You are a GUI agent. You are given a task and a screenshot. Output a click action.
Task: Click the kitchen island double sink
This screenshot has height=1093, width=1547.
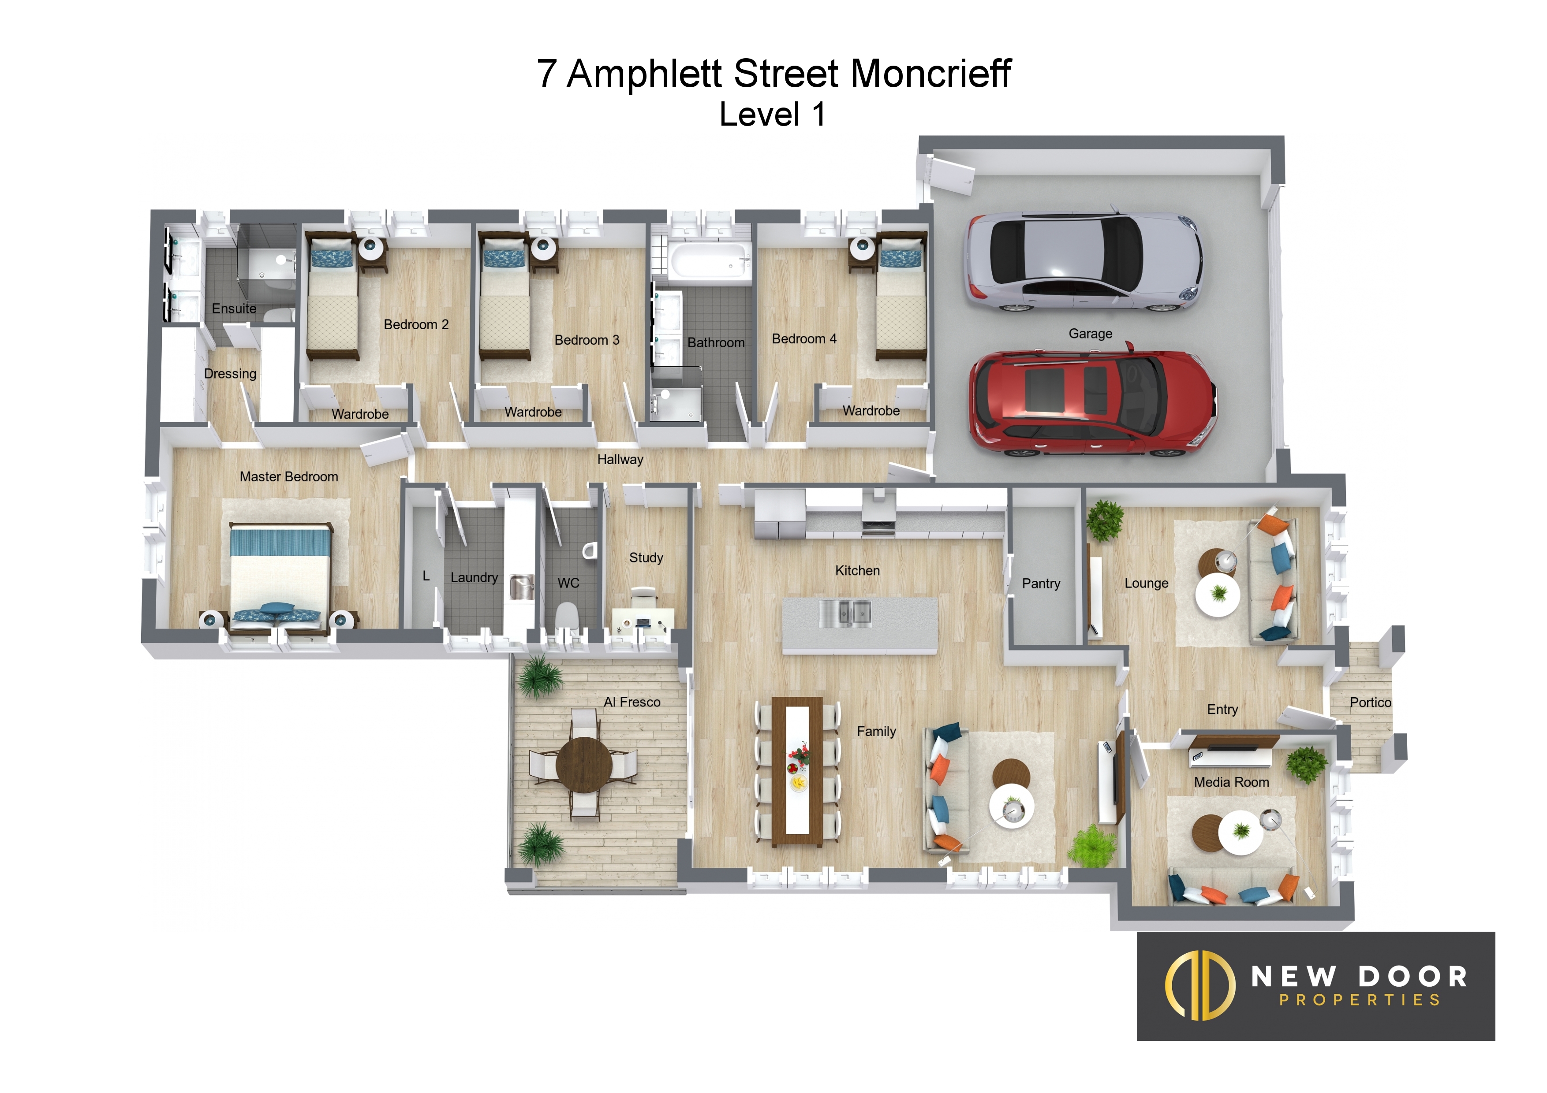coord(845,613)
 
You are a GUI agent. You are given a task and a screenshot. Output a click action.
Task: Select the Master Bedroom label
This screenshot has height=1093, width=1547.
coord(289,477)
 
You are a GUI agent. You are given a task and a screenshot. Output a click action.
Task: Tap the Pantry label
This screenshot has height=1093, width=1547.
coord(1041,584)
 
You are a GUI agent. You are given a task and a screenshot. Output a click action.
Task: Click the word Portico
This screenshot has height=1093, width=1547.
coord(1371,703)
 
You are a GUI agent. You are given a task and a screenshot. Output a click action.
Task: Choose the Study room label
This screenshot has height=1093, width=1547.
coord(646,558)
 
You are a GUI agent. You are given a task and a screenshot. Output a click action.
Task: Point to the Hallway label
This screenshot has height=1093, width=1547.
coord(620,459)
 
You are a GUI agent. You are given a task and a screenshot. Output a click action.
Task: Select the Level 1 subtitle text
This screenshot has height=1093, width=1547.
coord(772,115)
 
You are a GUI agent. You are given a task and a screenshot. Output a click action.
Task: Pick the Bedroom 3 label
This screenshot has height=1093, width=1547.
coord(587,340)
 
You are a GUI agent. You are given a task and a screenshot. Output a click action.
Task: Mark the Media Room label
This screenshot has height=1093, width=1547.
coord(1232,783)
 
